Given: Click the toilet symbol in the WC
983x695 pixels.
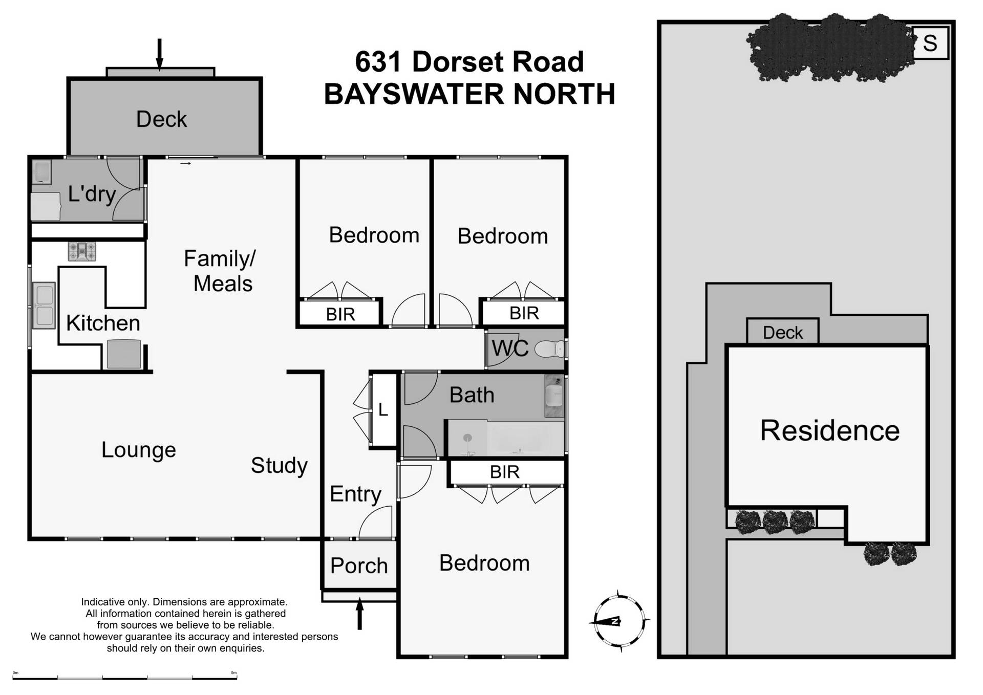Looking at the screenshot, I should (549, 350).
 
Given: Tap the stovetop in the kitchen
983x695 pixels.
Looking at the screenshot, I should (82, 251).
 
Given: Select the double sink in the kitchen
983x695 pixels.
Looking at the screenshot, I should (44, 306).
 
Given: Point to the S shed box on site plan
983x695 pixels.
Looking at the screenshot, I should (930, 43).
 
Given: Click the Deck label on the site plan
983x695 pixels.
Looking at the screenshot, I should (782, 333).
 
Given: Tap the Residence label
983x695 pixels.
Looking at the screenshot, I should (829, 430).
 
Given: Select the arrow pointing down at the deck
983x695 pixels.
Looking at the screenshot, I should (159, 54).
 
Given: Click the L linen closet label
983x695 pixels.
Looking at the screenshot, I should (383, 410).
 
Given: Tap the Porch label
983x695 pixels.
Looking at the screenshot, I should (359, 566).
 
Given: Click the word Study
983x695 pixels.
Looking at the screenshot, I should (279, 465).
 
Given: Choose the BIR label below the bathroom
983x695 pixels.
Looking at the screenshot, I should (504, 472).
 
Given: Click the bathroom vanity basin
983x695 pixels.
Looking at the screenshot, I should (553, 395).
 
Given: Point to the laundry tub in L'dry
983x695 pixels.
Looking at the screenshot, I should (41, 171).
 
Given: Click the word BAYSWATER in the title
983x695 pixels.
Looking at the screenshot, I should (414, 94).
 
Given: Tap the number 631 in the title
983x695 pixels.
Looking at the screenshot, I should (378, 62).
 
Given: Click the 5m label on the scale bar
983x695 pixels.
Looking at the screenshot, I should (233, 673).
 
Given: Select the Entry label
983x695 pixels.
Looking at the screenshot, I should (355, 494).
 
